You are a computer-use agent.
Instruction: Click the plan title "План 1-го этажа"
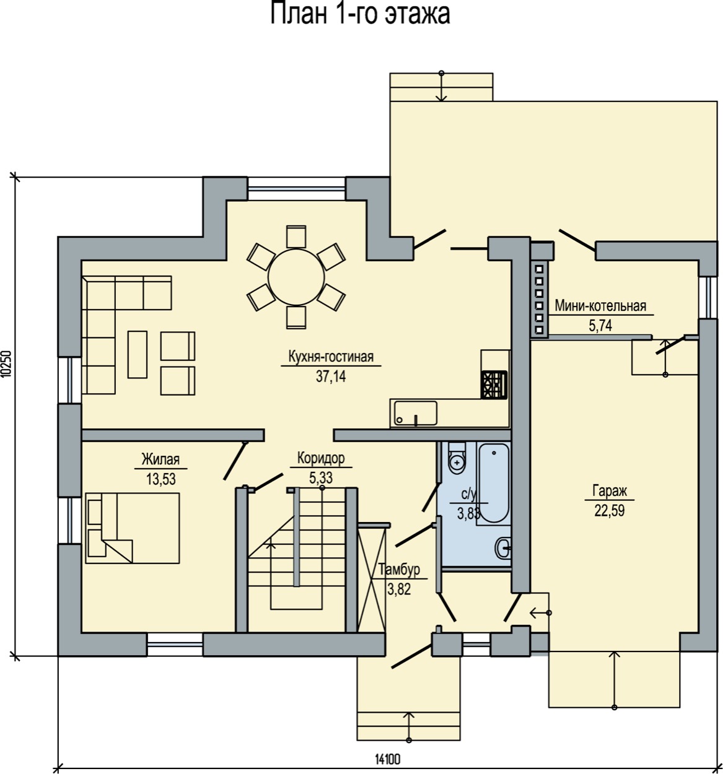pyautogui.click(x=360, y=14)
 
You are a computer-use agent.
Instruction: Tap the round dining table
pyautogui.click(x=296, y=277)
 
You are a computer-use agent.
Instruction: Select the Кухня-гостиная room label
pyautogui.click(x=331, y=356)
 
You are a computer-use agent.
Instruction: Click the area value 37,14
pyautogui.click(x=331, y=376)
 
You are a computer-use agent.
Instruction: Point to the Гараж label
pyautogui.click(x=610, y=490)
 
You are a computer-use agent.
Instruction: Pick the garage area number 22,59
pyautogui.click(x=610, y=510)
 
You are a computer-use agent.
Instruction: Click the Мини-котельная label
pyautogui.click(x=600, y=306)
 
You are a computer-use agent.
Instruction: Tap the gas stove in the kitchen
pyautogui.click(x=494, y=385)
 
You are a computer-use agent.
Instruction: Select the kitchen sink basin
pyautogui.click(x=415, y=413)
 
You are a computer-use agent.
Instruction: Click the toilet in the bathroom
pyautogui.click(x=457, y=458)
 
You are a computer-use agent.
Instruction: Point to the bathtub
pyautogui.click(x=494, y=482)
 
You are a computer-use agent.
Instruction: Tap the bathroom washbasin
pyautogui.click(x=503, y=548)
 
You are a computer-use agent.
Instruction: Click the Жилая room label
pyautogui.click(x=160, y=459)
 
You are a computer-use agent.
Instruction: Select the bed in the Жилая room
pyautogui.click(x=133, y=528)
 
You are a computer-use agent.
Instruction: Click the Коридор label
pyautogui.click(x=321, y=458)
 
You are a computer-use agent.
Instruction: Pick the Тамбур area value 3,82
pyautogui.click(x=399, y=589)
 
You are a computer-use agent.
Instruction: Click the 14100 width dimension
pyautogui.click(x=388, y=759)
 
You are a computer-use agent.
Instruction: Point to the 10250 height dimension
pyautogui.click(x=6, y=364)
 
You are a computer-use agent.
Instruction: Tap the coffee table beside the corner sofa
pyautogui.click(x=138, y=355)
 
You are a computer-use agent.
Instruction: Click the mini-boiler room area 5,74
pyautogui.click(x=600, y=326)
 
